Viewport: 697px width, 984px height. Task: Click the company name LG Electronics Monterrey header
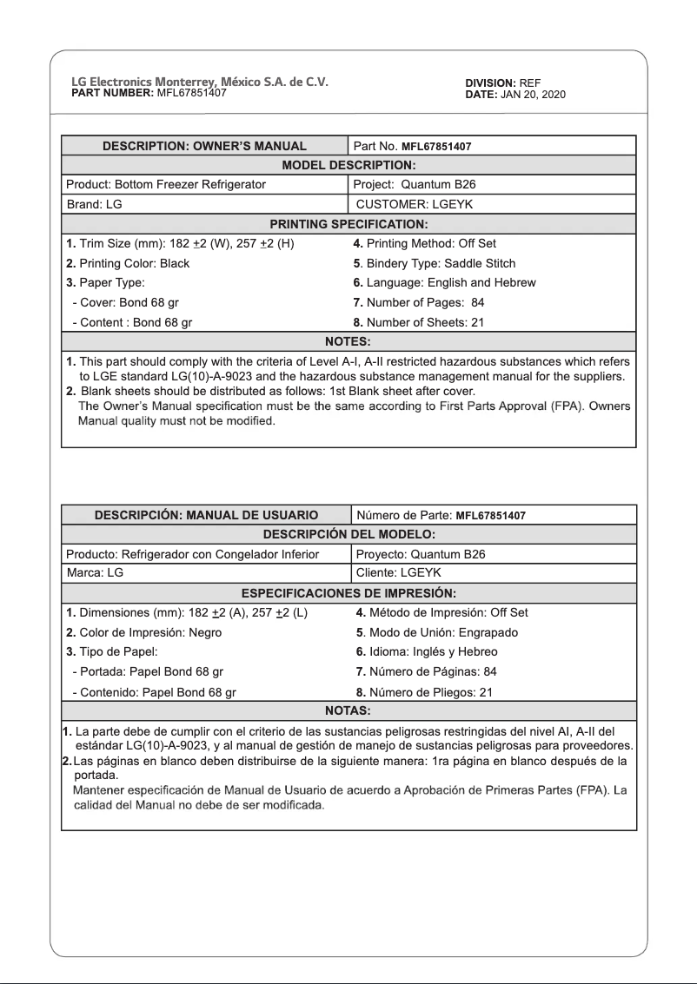pyautogui.click(x=199, y=83)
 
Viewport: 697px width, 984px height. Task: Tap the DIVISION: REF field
pyautogui.click(x=503, y=83)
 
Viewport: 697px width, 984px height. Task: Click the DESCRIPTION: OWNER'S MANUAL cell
pyautogui.click(x=204, y=146)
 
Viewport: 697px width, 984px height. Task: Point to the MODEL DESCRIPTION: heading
pyautogui.click(x=348, y=165)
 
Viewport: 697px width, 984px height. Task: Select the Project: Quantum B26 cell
pyautogui.click(x=415, y=184)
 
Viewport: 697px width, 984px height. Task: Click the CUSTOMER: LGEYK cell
pyautogui.click(x=415, y=204)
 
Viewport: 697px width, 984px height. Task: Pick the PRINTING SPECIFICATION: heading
pyautogui.click(x=348, y=224)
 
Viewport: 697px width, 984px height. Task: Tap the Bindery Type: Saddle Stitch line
pyautogui.click(x=435, y=263)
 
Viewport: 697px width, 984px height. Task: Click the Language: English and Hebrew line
pyautogui.click(x=444, y=282)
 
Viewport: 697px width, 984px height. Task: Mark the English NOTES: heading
pyautogui.click(x=348, y=341)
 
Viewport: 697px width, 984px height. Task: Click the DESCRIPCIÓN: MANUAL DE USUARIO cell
pyautogui.click(x=206, y=515)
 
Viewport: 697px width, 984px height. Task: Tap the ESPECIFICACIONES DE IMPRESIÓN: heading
pyautogui.click(x=348, y=593)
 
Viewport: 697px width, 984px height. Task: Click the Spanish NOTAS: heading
pyautogui.click(x=348, y=710)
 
